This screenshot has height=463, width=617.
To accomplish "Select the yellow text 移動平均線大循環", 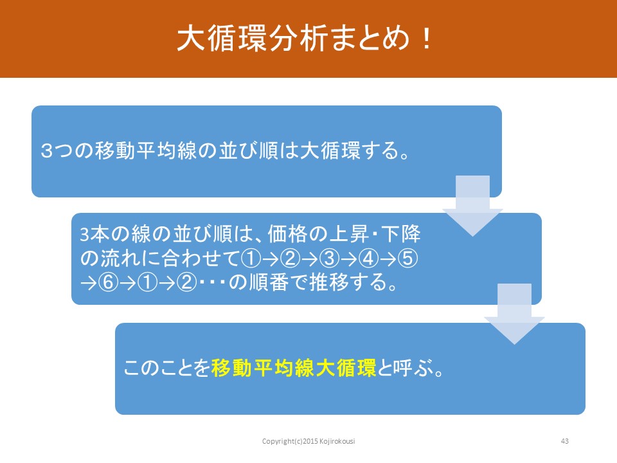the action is (294, 368).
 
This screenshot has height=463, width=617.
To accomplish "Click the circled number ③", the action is (329, 259).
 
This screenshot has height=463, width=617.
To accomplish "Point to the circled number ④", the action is (369, 259).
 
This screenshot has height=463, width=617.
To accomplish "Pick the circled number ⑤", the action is (408, 259).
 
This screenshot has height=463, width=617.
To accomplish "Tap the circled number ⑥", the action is (108, 282).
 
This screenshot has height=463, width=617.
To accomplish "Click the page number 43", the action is (565, 441).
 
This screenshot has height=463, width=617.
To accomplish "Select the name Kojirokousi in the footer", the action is (337, 441).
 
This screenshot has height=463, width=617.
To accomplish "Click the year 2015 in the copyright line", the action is (310, 441).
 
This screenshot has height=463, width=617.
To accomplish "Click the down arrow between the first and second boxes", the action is (472, 206).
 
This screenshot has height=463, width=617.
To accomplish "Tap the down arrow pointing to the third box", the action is (514, 314).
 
